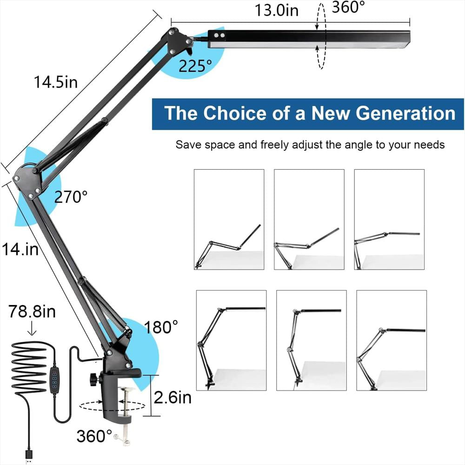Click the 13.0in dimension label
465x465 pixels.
276,10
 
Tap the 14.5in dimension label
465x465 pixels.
56,82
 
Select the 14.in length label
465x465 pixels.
20,249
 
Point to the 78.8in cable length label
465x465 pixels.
32,312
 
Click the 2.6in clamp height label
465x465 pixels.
173,398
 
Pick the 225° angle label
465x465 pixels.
195,66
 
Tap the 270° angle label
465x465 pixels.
71,197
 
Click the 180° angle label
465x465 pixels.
161,327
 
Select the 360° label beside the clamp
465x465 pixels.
94,436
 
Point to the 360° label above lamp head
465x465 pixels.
348,7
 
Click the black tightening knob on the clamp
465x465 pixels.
94,378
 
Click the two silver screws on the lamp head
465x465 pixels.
219,36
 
